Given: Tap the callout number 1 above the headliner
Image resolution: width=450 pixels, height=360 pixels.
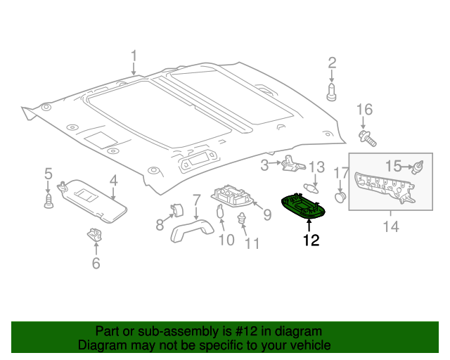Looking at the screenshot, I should [x=134, y=56].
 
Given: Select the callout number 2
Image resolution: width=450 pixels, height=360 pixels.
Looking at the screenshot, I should [x=332, y=63].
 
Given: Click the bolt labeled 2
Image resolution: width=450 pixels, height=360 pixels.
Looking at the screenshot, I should [x=332, y=91].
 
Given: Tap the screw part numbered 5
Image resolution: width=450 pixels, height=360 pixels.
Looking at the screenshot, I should [x=49, y=200].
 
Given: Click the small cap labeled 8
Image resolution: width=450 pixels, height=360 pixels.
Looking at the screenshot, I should [x=177, y=208].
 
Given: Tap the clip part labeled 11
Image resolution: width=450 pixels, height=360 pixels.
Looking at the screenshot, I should [x=243, y=220].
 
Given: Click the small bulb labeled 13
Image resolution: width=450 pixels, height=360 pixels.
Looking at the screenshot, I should [x=314, y=188].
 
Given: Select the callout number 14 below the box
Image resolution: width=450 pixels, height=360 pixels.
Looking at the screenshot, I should [x=391, y=226].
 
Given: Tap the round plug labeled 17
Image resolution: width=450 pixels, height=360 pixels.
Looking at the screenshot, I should [x=341, y=197].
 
